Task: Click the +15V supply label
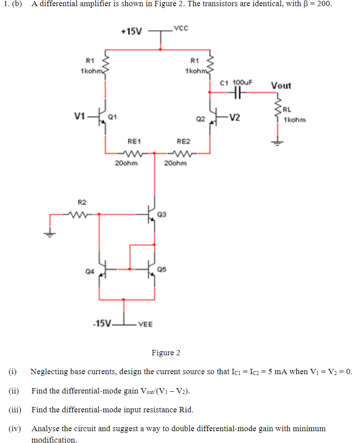tap(132, 32)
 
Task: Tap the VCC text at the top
tap(181, 29)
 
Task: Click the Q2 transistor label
tap(200, 118)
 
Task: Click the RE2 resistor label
tap(183, 141)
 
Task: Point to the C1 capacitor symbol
tap(238, 92)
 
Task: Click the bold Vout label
tap(281, 85)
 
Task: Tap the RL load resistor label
tap(287, 110)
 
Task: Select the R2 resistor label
tap(82, 202)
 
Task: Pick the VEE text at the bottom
tap(145, 325)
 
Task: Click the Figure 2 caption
tap(166, 353)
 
